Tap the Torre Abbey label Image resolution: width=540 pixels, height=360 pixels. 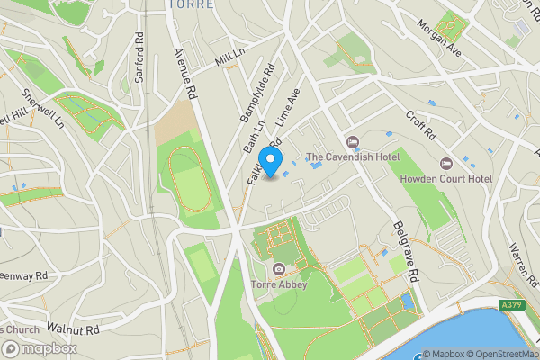[279, 284]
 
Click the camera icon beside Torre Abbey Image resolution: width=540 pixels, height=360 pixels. [279, 269]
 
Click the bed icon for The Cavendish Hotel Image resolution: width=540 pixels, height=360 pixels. [352, 141]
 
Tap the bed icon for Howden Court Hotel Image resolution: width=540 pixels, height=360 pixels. [445, 164]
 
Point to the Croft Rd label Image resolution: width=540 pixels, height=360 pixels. [420, 125]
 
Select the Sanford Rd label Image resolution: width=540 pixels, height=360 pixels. [139, 58]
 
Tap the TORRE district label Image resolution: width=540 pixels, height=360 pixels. [191, 4]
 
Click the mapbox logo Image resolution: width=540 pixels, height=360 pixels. [40, 348]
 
